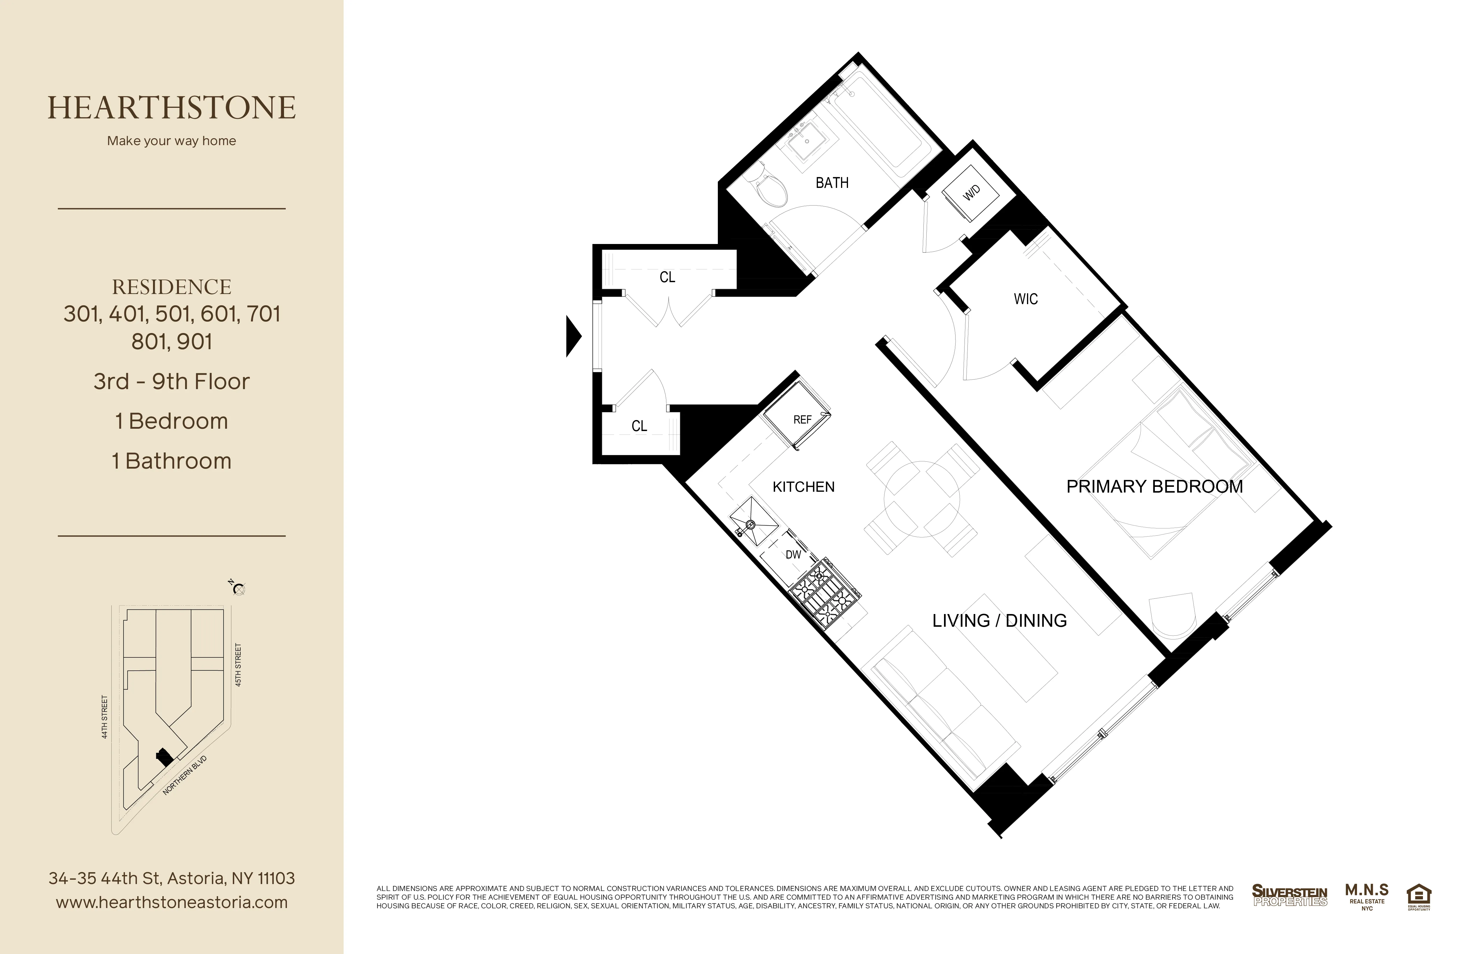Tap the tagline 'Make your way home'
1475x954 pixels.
point(172,141)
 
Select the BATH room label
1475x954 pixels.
point(832,183)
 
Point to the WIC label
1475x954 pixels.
point(1026,299)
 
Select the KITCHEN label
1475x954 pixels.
point(803,487)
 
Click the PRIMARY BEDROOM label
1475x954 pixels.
point(1154,487)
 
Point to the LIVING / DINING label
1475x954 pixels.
point(999,621)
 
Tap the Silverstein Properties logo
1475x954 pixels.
point(1289,896)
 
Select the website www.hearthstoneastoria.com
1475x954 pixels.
point(172,903)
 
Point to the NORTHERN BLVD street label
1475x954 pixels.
point(185,776)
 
